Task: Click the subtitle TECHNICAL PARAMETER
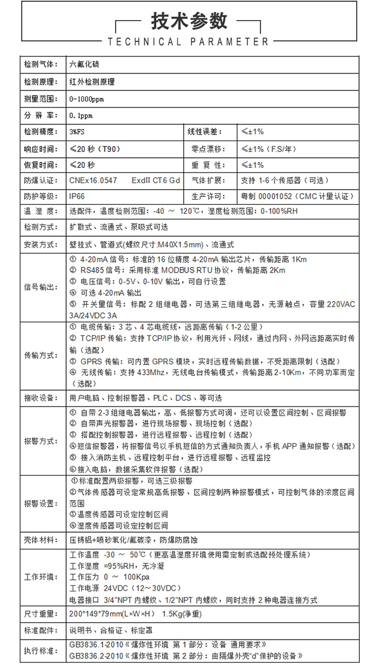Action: click(x=189, y=42)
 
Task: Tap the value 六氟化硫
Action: click(x=84, y=64)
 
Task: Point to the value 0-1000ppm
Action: click(x=86, y=99)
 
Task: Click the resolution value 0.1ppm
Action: click(x=81, y=116)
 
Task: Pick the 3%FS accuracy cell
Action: click(x=77, y=132)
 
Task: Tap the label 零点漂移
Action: click(x=207, y=149)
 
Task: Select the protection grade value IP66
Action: click(x=77, y=196)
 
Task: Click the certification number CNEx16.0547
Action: click(x=93, y=181)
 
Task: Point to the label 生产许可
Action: click(x=207, y=196)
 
